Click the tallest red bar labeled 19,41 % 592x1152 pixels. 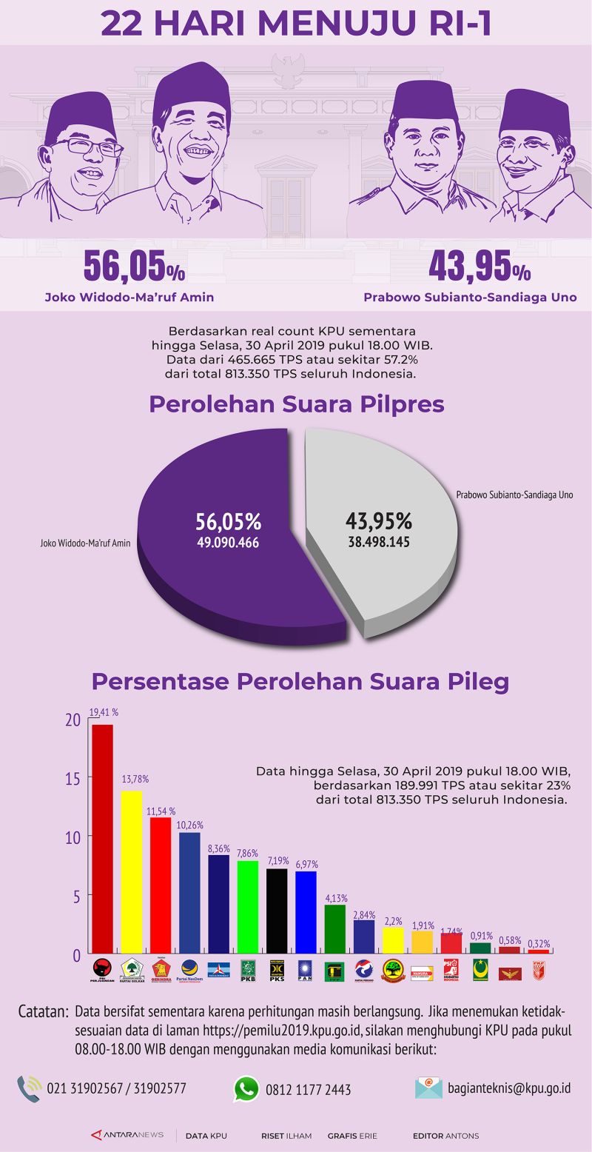(102, 838)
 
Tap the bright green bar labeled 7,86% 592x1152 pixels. (248, 906)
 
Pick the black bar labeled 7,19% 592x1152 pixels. (277, 910)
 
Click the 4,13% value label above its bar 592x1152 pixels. (335, 898)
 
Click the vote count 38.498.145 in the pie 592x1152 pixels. (379, 541)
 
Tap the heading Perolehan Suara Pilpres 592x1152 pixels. (297, 404)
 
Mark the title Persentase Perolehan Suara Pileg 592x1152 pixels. (300, 680)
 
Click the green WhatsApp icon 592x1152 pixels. (246, 1088)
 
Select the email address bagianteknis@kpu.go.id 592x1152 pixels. (509, 1088)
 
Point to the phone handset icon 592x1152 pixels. (29, 1088)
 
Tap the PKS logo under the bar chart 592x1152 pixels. (277, 968)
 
